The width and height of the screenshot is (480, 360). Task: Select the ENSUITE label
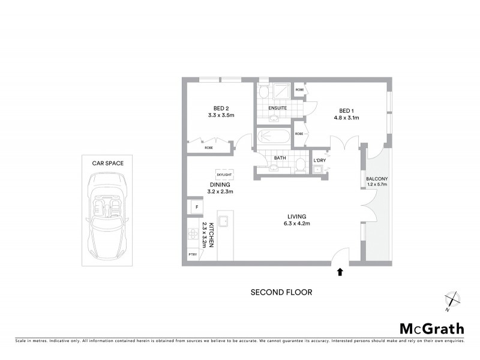pyautogui.click(x=277, y=108)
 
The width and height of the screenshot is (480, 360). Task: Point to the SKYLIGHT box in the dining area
pyautogui.click(x=224, y=174)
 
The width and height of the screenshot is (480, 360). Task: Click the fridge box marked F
pyautogui.click(x=196, y=207)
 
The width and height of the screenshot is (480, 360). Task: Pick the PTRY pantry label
pyautogui.click(x=193, y=254)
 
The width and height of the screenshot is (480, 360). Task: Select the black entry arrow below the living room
pyautogui.click(x=340, y=272)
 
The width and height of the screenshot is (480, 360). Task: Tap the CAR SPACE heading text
pyautogui.click(x=107, y=163)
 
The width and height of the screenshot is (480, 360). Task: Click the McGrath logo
pyautogui.click(x=431, y=328)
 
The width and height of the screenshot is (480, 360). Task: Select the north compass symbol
pyautogui.click(x=452, y=300)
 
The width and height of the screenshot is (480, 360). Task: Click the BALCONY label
pyautogui.click(x=377, y=179)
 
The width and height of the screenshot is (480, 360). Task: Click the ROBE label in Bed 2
pyautogui.click(x=209, y=148)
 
